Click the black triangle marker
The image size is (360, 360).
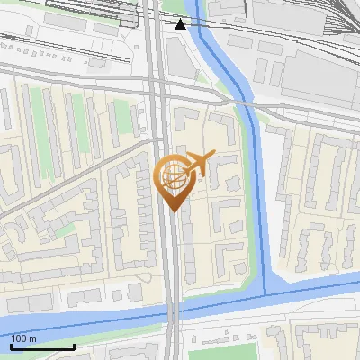pyautogui.click(x=181, y=24)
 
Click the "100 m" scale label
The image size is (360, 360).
pyautogui.click(x=24, y=338)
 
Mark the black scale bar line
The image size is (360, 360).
pyautogui.click(x=42, y=346)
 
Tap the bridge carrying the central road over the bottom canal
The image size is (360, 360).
pyautogui.click(x=171, y=314)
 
